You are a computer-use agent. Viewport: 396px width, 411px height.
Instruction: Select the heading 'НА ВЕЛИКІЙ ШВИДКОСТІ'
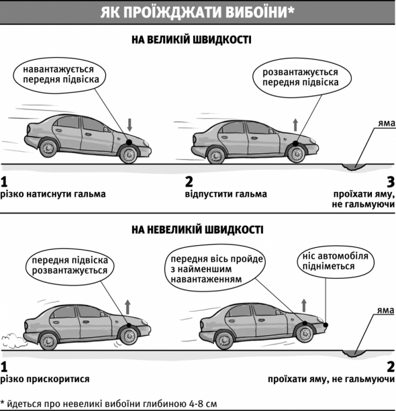click(191, 40)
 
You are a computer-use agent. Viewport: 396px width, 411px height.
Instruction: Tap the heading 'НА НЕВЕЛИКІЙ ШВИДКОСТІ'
click(197, 230)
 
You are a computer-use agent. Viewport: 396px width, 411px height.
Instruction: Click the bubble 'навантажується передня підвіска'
click(60, 75)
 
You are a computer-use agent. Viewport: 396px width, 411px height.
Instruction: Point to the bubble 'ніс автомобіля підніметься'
click(336, 261)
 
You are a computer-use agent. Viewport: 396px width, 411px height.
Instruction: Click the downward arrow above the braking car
click(130, 125)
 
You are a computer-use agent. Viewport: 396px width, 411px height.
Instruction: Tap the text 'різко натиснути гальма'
click(53, 194)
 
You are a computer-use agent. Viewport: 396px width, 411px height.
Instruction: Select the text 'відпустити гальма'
click(226, 194)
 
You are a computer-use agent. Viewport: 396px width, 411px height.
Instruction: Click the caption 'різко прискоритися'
click(45, 379)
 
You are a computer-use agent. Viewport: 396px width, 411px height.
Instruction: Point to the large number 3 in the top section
click(391, 182)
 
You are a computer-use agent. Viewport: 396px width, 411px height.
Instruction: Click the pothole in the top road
click(354, 167)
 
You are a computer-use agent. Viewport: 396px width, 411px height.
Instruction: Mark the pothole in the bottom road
click(354, 353)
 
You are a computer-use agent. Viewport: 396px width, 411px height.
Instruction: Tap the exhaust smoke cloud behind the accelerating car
click(13, 340)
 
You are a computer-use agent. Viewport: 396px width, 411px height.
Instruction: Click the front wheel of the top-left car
click(129, 154)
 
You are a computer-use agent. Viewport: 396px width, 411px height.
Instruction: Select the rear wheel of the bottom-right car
click(224, 340)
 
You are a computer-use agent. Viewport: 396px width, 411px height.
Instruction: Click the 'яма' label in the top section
click(387, 124)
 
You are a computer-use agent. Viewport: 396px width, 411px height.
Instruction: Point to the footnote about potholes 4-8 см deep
click(109, 404)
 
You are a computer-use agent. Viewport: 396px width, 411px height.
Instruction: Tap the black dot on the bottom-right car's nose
click(326, 325)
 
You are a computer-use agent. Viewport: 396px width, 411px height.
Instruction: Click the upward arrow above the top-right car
click(295, 125)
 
